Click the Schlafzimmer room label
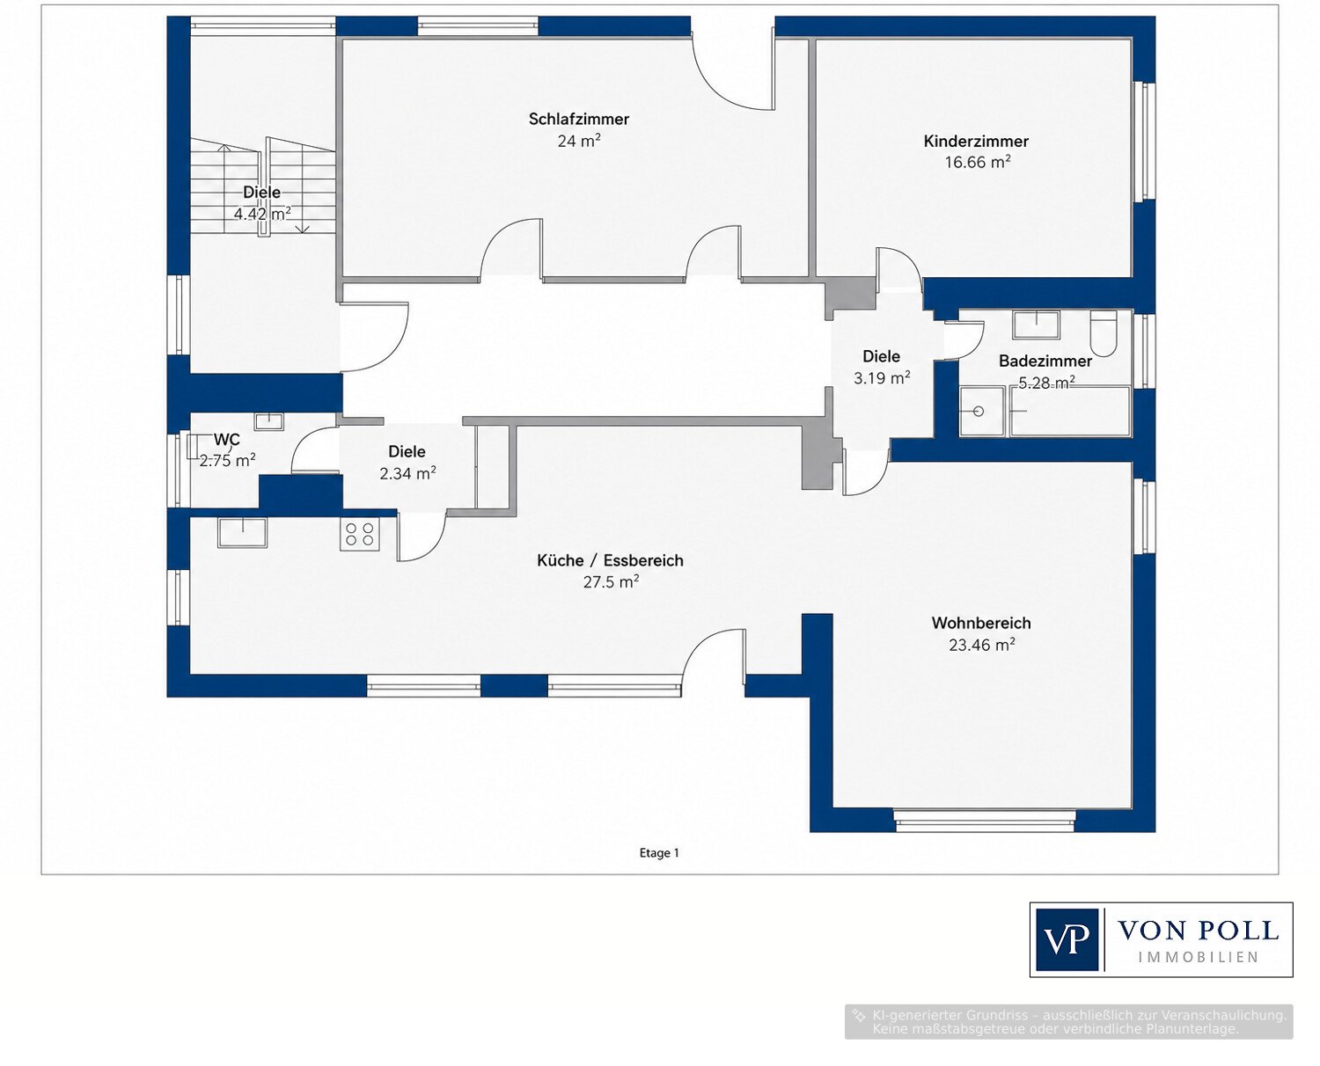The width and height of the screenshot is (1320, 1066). (578, 119)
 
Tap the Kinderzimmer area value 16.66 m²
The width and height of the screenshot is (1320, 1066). (978, 163)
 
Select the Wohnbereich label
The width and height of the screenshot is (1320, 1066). (981, 623)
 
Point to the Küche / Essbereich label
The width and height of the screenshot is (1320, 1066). (610, 560)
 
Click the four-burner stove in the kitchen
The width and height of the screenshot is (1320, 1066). (359, 534)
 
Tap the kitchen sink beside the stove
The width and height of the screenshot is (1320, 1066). (242, 532)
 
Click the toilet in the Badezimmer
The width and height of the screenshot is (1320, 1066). (1103, 332)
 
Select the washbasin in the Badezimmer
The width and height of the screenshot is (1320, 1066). (1036, 325)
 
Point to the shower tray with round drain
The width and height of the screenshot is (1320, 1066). (981, 412)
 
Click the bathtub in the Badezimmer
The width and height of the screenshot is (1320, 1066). (1069, 412)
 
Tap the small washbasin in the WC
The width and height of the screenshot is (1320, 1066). (268, 421)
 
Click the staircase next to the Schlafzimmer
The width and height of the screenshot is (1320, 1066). (263, 186)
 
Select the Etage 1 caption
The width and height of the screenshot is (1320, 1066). (659, 853)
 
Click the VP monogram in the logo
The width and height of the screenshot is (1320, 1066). (1067, 939)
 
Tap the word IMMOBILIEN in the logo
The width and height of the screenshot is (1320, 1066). (1199, 958)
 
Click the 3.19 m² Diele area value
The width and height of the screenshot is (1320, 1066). (881, 378)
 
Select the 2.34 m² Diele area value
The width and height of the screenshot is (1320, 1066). (407, 474)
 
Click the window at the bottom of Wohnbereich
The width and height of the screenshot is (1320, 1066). (984, 820)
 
